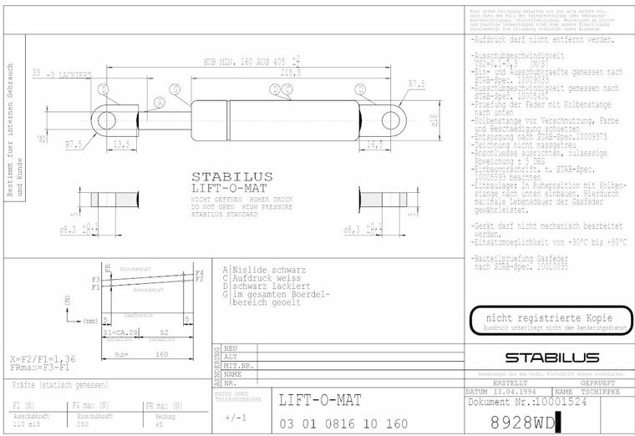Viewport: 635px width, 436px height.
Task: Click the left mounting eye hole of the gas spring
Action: pyautogui.click(x=106, y=121)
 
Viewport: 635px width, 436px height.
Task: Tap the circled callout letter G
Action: pyautogui.click(x=175, y=89)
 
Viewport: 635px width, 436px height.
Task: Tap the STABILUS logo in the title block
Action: pyautogui.click(x=546, y=357)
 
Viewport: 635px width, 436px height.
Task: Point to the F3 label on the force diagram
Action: pyautogui.click(x=96, y=278)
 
